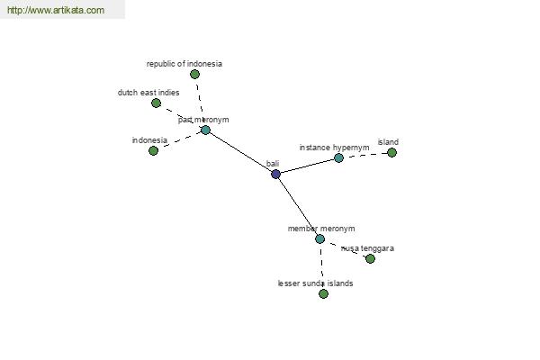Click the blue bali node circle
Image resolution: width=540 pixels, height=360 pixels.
coord(276,174)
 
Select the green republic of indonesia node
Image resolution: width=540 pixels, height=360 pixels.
coord(194,74)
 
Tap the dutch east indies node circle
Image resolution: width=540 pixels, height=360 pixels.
coord(156,103)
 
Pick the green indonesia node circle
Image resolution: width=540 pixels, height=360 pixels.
coord(153,150)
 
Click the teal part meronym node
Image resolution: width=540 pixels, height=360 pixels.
coord(205,130)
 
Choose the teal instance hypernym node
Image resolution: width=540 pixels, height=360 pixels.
coord(339,157)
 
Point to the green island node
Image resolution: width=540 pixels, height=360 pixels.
coord(391,152)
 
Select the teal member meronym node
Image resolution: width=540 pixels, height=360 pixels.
coord(319,238)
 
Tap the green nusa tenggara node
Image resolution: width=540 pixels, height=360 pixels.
coord(370,258)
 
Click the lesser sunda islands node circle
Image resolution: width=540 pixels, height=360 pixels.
coord(323,294)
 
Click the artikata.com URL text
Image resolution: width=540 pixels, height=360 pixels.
coord(56,10)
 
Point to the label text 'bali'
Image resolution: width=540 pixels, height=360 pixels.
coord(273,164)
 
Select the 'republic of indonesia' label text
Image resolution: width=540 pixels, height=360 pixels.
coord(184,64)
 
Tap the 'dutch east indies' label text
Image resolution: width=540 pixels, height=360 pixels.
coord(148,93)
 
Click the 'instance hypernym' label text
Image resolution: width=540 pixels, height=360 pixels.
coord(334,148)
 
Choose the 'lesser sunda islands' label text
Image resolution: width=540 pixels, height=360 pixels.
coord(316,283)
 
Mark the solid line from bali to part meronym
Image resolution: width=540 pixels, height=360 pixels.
coord(240,152)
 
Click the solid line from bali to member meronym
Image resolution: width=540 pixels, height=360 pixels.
coord(298,206)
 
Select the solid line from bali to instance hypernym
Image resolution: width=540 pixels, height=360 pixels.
coord(307,166)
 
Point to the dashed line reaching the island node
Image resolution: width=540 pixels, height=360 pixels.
coord(365,155)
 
